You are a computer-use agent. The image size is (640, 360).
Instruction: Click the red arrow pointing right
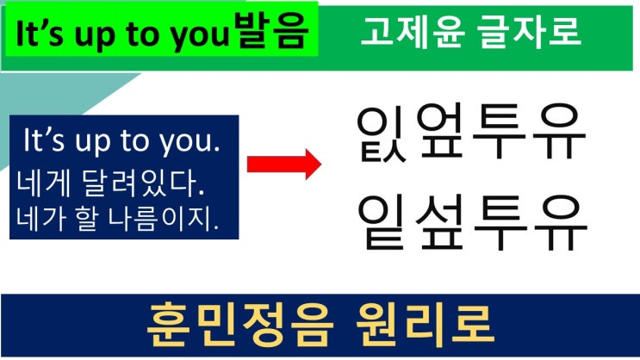pos(284,164)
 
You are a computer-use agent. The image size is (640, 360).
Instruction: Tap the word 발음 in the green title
pos(272,31)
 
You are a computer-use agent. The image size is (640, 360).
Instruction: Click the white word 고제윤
pos(413,31)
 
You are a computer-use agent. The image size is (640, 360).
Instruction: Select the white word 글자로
pos(530,31)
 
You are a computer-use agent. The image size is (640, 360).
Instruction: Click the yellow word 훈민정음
pos(239,326)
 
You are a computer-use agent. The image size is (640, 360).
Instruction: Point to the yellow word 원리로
pos(425,326)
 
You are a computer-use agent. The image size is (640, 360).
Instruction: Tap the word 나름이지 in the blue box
pos(164,219)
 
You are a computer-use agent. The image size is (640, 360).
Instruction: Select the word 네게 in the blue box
pos(43,183)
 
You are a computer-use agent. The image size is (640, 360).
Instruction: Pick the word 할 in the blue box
pos(87,219)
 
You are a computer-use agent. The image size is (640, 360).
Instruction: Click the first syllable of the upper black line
pos(381,133)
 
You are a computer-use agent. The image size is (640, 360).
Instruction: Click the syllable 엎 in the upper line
pos(439,130)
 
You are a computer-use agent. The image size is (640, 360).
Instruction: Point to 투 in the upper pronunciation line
pos(499,131)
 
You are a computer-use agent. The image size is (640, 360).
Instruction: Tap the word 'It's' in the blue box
pos(44,140)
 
